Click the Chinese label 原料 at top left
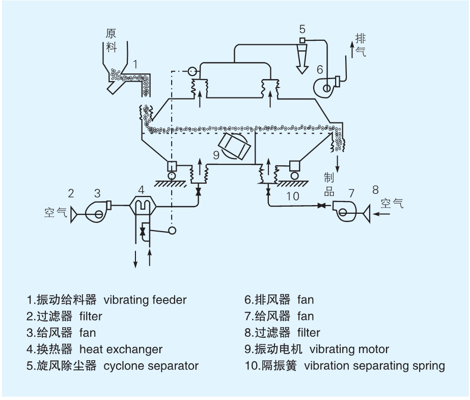pos(112,40)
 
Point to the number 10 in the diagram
pos(293,195)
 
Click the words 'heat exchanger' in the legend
pos(121,349)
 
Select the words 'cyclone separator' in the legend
pos(151,366)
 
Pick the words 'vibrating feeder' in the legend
pos(145,300)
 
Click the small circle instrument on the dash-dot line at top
pos(192,71)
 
